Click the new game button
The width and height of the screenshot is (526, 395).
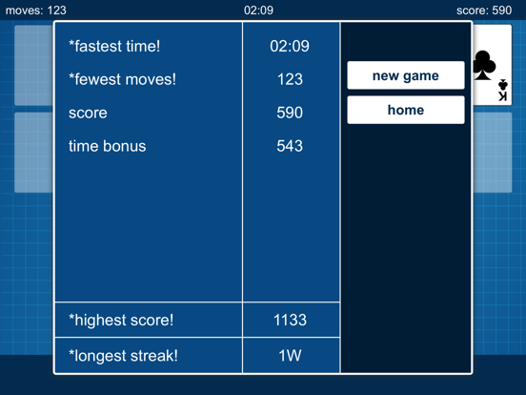coord(405,75)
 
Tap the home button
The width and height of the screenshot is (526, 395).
coord(405,110)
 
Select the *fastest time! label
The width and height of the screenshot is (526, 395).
coord(114,46)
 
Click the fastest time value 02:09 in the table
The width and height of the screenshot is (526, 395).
coord(290,46)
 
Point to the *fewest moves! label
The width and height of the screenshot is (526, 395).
coord(122,79)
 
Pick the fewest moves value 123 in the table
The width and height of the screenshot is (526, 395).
coord(290,79)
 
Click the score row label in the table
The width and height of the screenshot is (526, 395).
coord(88,113)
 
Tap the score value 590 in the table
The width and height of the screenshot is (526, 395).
coord(290,113)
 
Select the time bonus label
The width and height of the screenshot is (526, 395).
coord(107,146)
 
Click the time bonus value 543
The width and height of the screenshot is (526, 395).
coord(290,146)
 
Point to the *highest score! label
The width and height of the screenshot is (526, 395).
coord(121,321)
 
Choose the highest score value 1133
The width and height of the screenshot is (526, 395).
coord(290,321)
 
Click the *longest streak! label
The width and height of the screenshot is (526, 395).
coord(123,356)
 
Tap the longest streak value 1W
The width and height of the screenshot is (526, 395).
coord(290,356)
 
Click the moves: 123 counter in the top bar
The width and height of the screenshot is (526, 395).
coord(36,10)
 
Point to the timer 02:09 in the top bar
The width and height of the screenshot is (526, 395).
coord(258,10)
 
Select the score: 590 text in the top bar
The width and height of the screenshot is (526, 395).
coord(484,10)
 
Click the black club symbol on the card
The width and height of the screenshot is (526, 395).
coord(484,65)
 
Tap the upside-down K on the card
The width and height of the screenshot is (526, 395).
coord(502,97)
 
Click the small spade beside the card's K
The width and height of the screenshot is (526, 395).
coord(503,85)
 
